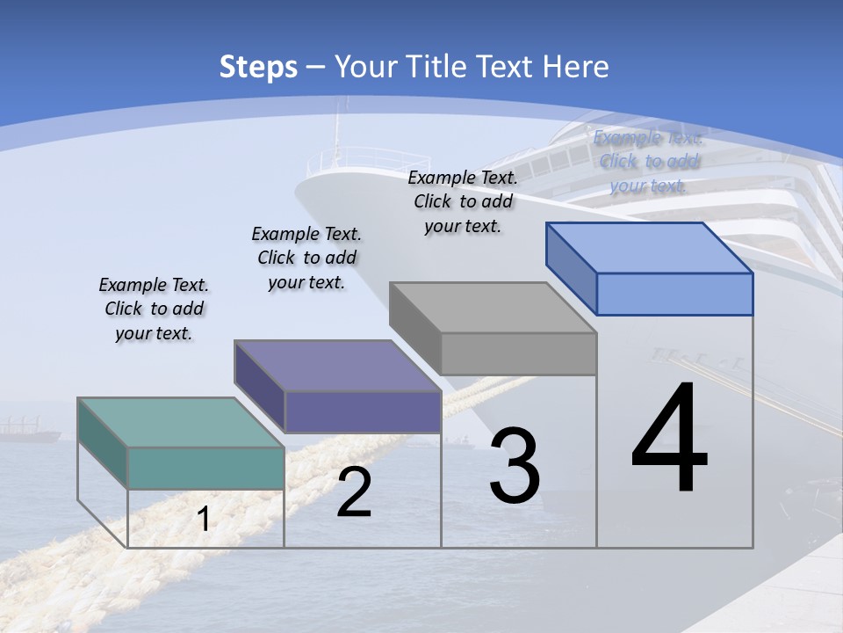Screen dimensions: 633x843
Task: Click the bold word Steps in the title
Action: click(258, 67)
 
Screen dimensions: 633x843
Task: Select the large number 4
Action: click(669, 440)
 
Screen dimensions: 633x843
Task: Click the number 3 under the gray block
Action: click(515, 466)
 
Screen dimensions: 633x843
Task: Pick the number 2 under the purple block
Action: click(354, 492)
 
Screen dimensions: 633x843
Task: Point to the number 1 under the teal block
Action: click(203, 520)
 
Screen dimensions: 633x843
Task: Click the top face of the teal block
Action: click(181, 423)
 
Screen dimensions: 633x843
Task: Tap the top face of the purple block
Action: click(337, 366)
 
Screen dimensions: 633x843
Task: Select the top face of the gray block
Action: click(493, 308)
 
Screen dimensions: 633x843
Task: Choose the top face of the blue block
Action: click(650, 248)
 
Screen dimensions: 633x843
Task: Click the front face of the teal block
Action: click(205, 468)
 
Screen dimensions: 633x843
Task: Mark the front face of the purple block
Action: click(363, 411)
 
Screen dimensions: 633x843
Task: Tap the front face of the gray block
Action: click(518, 353)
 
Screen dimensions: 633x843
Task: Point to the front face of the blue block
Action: click(674, 294)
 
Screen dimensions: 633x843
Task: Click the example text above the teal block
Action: click(154, 309)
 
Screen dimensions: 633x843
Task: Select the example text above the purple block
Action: click(306, 258)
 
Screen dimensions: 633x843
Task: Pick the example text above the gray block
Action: click(463, 201)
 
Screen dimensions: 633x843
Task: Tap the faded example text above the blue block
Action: click(648, 161)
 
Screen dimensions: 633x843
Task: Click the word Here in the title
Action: click(579, 67)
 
